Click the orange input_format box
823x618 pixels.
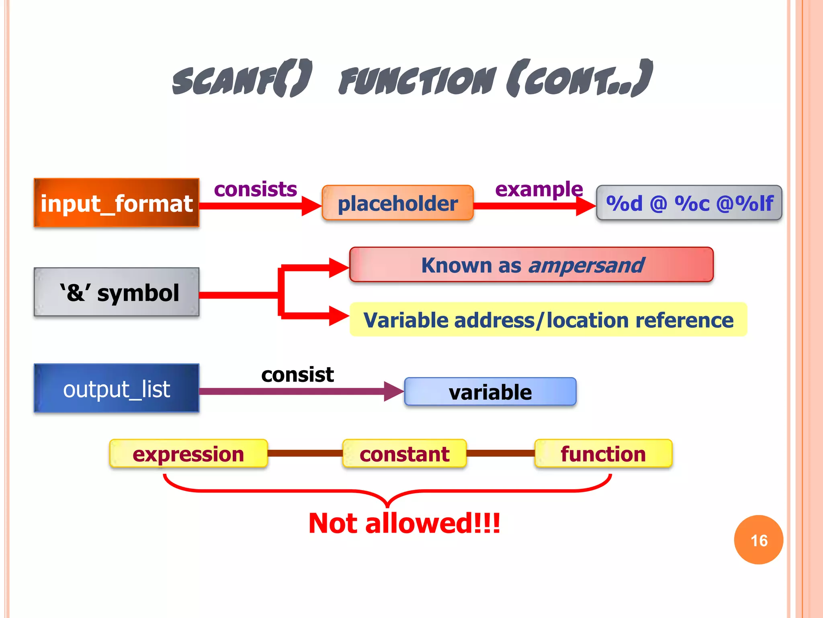pos(117,203)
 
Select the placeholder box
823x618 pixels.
pos(397,203)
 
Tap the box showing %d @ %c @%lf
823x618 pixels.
pos(689,203)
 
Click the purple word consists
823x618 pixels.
pos(255,189)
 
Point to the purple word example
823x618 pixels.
pos(538,189)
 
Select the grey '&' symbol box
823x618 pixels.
pos(117,292)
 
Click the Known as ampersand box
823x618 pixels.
pos(531,265)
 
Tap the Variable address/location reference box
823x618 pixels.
pos(548,320)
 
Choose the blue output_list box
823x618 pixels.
pos(117,388)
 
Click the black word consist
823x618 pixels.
pos(297,375)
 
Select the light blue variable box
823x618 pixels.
pos(490,391)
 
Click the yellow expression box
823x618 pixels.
pos(188,453)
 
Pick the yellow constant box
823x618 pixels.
pos(404,453)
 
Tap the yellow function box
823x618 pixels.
pos(603,453)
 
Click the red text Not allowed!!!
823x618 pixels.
pos(404,523)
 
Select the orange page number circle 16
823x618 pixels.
pos(758,540)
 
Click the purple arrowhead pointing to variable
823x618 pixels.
pos(393,391)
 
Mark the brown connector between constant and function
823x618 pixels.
pos(500,453)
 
